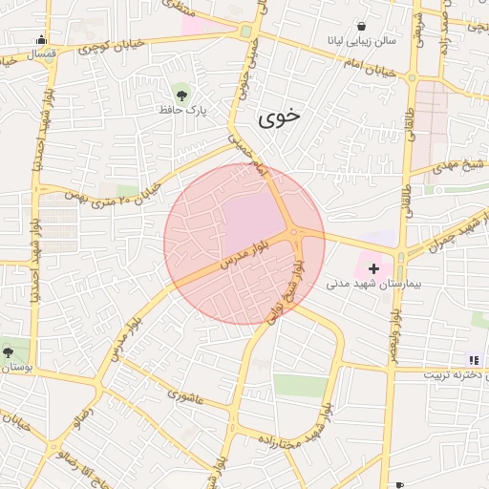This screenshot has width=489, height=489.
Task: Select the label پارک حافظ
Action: tap(183, 111)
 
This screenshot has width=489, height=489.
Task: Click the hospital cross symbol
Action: tap(372, 269)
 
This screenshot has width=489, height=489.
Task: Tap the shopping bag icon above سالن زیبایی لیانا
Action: tap(361, 26)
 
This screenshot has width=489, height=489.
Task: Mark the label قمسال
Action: tap(42, 54)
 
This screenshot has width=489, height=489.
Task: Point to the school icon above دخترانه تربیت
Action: tap(473, 360)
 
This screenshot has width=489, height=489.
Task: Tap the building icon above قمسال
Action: tap(41, 40)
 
